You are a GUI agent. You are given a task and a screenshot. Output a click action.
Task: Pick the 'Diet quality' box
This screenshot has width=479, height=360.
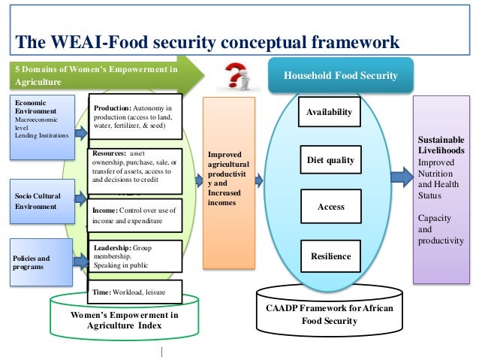coord(330,160)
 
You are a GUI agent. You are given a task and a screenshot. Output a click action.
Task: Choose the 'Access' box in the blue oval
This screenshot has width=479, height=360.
coord(330,207)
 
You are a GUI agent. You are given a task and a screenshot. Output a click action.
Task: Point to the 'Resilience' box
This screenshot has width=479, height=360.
coord(330,256)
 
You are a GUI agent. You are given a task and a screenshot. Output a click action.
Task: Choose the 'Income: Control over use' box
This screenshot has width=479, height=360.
coord(135,216)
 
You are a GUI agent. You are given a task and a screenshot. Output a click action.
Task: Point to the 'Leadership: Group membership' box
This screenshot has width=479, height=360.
coord(135,256)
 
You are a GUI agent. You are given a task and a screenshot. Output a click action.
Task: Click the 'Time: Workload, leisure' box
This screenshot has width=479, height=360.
coord(135,292)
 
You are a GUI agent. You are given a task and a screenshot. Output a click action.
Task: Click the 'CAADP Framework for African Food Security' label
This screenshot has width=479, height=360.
coord(331,314)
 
